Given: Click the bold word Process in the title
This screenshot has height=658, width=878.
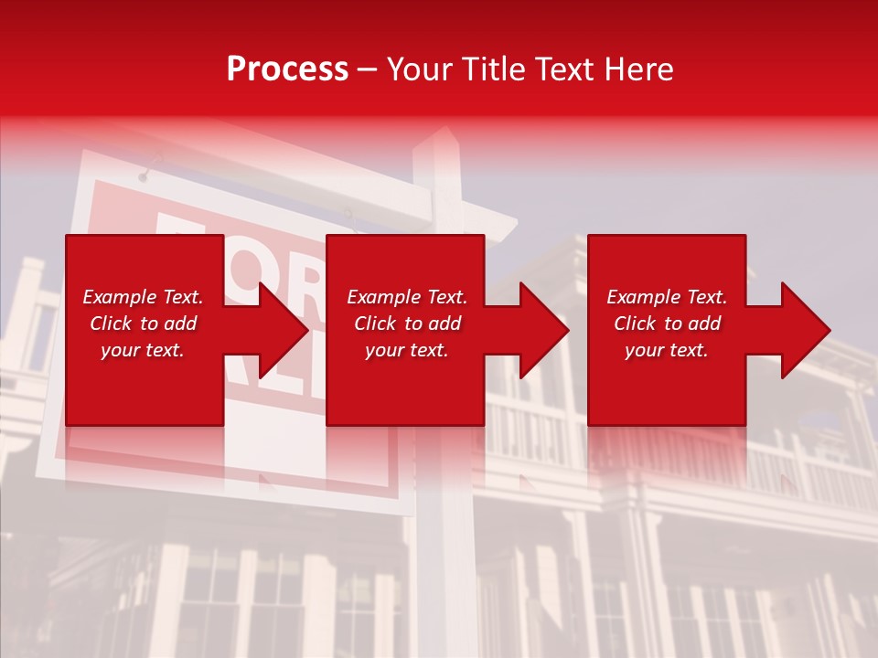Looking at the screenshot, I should point(287,69).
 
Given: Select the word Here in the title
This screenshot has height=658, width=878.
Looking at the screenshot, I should point(639,69).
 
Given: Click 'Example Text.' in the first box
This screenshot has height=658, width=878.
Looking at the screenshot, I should point(143,297).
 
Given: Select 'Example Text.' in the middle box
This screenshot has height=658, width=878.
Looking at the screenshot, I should point(407,297).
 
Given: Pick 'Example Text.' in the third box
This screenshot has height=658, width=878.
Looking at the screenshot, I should point(667,297).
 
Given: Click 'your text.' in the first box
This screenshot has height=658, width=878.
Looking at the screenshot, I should point(143,350).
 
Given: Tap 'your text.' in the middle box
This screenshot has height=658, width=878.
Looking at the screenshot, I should point(407,350).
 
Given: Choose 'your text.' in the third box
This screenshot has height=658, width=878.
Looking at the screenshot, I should point(667,350).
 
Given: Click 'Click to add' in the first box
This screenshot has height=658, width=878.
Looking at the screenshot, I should point(143,324).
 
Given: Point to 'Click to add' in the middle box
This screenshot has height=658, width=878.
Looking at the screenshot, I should point(407,324).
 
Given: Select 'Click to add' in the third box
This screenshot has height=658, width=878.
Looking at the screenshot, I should point(667,324).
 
